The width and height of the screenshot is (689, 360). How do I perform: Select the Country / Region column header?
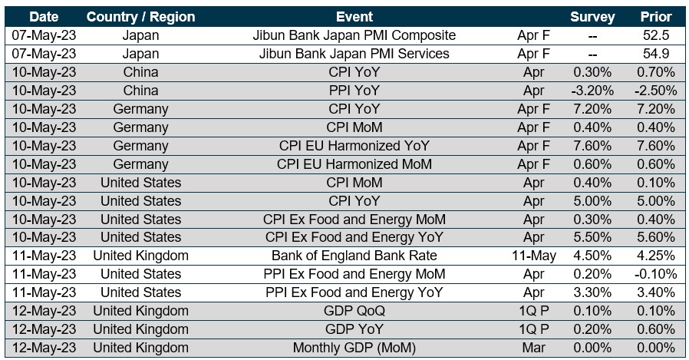click(140, 17)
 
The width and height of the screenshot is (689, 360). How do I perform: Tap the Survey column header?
click(592, 17)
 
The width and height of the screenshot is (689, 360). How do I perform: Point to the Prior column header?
click(656, 17)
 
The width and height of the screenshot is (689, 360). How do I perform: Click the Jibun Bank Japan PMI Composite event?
click(354, 35)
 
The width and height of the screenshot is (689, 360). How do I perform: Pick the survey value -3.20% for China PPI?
click(592, 91)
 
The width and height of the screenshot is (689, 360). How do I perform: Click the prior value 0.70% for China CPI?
click(656, 72)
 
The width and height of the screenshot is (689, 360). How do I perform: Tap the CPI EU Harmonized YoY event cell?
click(354, 146)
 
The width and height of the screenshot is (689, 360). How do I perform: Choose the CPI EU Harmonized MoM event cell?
click(354, 164)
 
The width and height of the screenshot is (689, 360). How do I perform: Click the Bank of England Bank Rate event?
click(354, 256)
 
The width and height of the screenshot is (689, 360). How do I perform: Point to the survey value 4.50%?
click(592, 256)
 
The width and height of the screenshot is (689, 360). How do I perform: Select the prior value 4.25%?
click(656, 256)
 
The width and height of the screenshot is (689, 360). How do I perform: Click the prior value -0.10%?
click(656, 274)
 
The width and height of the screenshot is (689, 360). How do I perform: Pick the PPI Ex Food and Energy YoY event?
click(354, 292)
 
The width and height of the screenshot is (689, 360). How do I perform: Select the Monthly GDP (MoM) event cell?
click(354, 348)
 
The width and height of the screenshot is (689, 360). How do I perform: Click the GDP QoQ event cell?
click(354, 311)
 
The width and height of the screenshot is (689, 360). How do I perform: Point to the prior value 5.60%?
click(656, 237)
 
